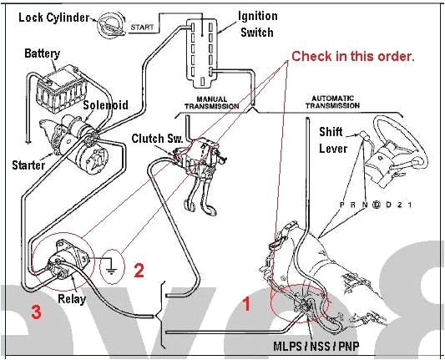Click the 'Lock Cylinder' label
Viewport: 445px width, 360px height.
[x=53, y=18]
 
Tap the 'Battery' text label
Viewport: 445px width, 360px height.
[x=43, y=53]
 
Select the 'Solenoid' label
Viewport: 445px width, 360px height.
[x=105, y=106]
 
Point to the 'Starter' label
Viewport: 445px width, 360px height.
[x=28, y=165]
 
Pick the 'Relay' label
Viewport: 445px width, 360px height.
[x=72, y=299]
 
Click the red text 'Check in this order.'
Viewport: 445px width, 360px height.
[x=352, y=56]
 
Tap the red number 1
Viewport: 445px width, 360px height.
[x=246, y=305]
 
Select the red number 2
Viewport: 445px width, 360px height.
[x=139, y=270]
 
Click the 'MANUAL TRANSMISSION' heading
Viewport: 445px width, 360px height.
[x=210, y=103]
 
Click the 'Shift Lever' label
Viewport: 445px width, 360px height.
[x=333, y=140]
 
